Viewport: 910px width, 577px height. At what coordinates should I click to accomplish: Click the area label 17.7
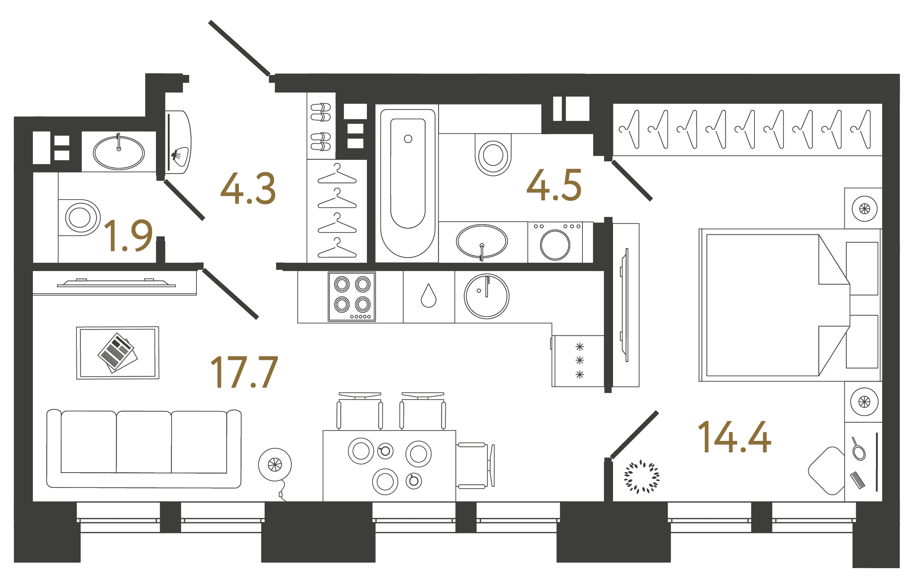tap(244, 372)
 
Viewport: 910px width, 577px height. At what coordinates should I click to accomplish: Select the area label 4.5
tap(554, 185)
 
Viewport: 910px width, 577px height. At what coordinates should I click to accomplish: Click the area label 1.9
tap(128, 236)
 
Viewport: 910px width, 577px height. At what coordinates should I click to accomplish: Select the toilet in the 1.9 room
tap(79, 217)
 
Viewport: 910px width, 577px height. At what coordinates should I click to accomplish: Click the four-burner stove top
tap(352, 296)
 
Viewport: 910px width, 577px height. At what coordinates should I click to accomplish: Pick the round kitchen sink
tap(486, 296)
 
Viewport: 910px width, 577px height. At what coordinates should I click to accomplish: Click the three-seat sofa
tap(144, 449)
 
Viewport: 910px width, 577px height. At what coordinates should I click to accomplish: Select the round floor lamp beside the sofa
tap(275, 465)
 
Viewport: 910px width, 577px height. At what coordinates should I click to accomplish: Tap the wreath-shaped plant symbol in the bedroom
tap(642, 476)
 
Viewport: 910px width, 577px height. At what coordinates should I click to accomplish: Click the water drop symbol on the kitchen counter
tap(428, 296)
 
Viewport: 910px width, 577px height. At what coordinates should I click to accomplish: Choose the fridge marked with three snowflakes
tap(579, 361)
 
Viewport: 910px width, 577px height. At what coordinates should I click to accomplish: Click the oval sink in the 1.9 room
tap(119, 153)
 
